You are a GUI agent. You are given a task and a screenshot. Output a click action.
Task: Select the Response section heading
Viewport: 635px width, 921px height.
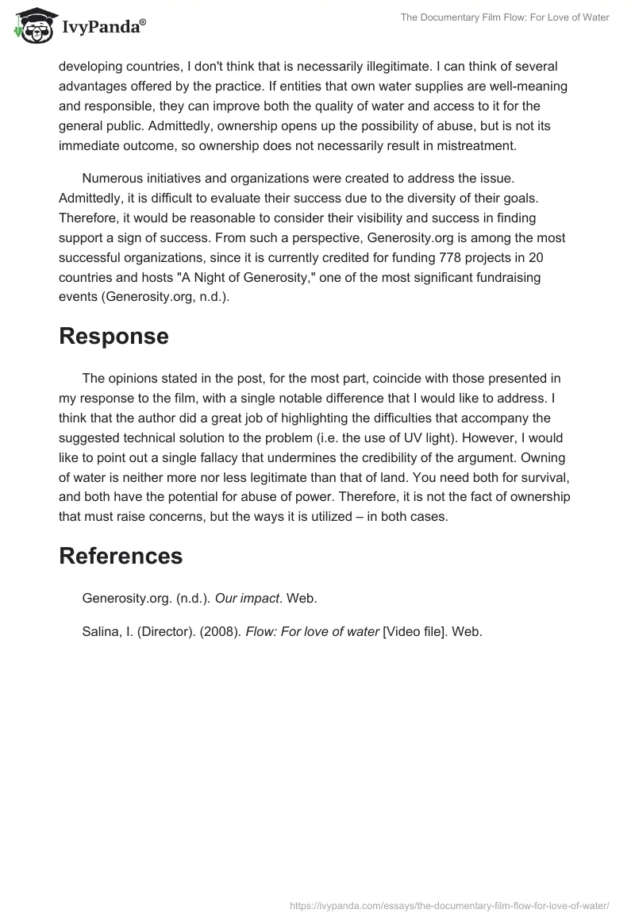[x=114, y=336]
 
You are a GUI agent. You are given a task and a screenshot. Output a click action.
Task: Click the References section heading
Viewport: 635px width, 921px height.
[x=121, y=556]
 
